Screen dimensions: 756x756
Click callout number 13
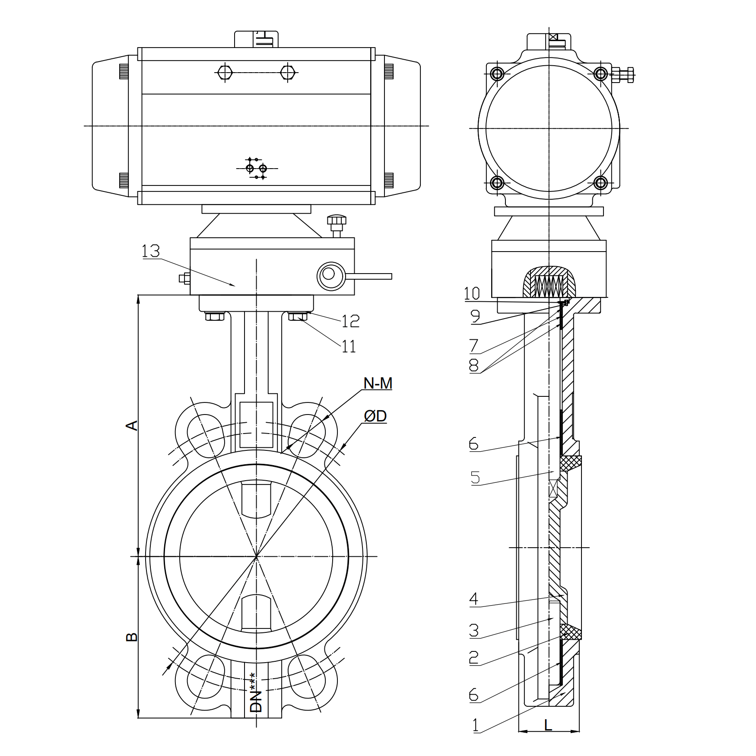tap(151, 251)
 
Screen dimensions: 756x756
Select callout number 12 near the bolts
tap(350, 321)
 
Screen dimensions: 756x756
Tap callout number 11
tap(349, 346)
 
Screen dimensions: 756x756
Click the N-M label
tap(378, 383)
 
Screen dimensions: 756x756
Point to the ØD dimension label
tap(375, 416)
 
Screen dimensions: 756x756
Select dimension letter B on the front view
tap(132, 637)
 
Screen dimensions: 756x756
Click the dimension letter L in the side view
tap(548, 724)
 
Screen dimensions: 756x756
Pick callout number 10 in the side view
tap(472, 294)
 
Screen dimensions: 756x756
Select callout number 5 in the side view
tap(475, 478)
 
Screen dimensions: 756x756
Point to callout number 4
tap(474, 599)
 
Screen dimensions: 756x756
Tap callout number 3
tap(474, 631)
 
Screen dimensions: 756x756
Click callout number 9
tap(475, 316)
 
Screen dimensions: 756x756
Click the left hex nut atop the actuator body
tap(225, 72)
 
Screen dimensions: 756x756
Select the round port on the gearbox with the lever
tap(328, 274)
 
